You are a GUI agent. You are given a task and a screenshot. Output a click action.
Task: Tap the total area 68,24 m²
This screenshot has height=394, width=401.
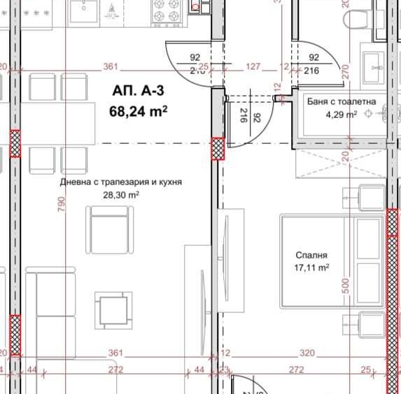[x=139, y=110]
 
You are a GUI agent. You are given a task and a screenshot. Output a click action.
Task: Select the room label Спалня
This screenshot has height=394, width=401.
[x=311, y=256]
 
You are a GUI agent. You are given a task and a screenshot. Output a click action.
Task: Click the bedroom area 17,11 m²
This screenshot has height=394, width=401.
[x=311, y=268]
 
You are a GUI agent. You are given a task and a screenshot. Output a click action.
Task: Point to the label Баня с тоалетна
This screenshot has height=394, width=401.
[x=342, y=102]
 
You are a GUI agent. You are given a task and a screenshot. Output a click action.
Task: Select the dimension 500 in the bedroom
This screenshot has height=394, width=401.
[x=344, y=287]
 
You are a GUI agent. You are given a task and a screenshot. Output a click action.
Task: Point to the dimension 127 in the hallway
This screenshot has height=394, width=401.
[x=253, y=67]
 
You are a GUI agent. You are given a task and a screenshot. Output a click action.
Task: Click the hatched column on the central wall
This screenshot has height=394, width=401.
[x=218, y=149]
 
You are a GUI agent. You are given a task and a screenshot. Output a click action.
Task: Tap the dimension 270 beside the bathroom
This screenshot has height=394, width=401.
[x=344, y=71]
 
